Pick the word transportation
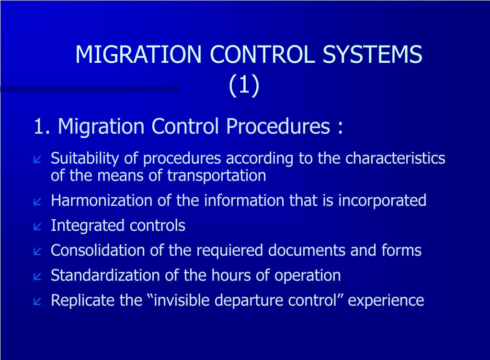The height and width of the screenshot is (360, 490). point(216,176)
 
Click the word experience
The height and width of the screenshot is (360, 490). point(386,301)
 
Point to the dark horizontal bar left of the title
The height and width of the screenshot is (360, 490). point(89,89)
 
